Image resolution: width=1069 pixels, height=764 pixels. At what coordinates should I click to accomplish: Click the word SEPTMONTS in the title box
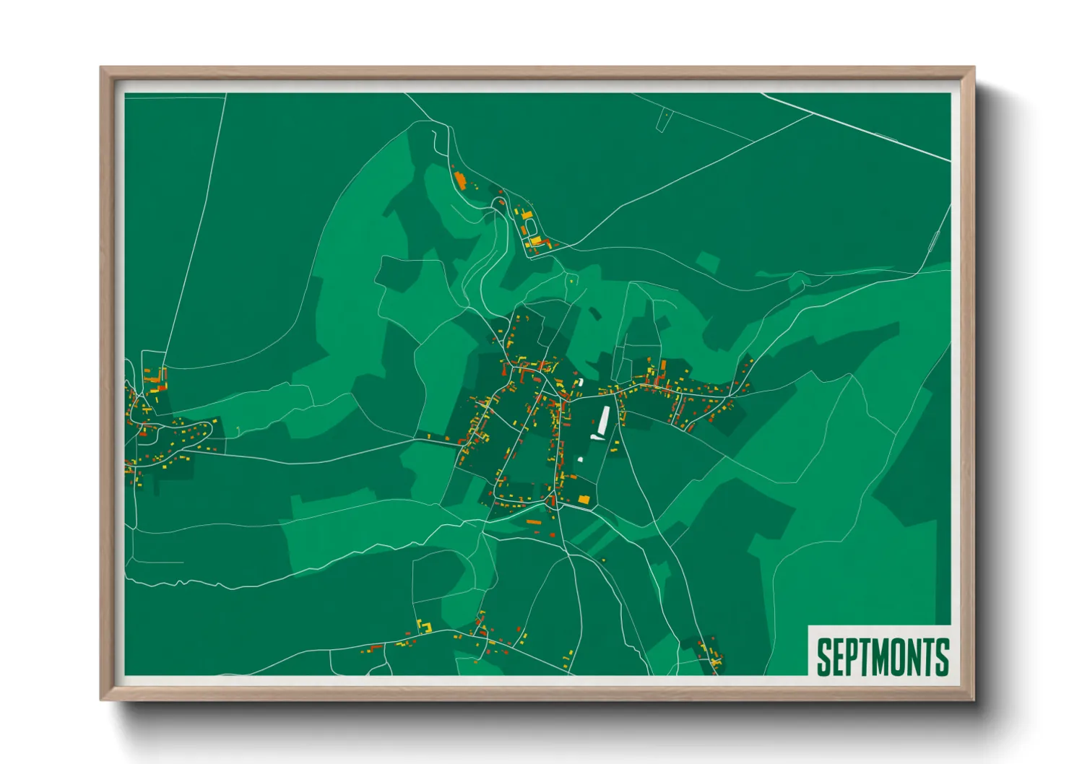[882, 656]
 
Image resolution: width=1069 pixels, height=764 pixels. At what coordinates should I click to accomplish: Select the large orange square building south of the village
[583, 499]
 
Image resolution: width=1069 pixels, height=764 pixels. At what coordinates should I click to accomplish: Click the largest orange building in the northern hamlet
[460, 178]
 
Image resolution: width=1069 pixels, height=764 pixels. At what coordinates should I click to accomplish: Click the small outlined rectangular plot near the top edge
[664, 121]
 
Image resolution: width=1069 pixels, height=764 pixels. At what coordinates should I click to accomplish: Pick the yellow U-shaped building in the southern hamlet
[423, 627]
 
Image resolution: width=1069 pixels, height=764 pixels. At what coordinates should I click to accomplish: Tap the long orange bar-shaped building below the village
[533, 521]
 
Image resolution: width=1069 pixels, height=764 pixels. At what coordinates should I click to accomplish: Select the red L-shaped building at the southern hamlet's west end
[375, 647]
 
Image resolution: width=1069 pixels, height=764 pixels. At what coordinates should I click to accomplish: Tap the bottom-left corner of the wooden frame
[102, 699]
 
